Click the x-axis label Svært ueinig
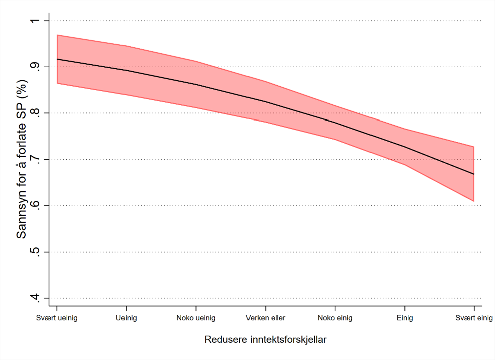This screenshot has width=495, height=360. [x=57, y=318]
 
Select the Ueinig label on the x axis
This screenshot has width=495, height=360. [x=126, y=318]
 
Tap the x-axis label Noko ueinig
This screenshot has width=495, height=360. [x=196, y=318]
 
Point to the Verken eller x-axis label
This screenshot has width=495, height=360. [x=266, y=318]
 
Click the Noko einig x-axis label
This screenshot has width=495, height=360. [x=335, y=318]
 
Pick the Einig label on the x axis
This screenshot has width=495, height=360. [x=405, y=318]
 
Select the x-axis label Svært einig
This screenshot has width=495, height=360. [x=474, y=318]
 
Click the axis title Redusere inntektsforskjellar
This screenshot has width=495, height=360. [x=266, y=340]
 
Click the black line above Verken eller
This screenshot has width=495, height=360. [x=266, y=102]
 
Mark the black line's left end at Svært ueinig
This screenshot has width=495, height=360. [x=57, y=59]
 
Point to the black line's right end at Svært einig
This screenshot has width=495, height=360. [x=474, y=174]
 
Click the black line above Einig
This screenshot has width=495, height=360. [x=405, y=147]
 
